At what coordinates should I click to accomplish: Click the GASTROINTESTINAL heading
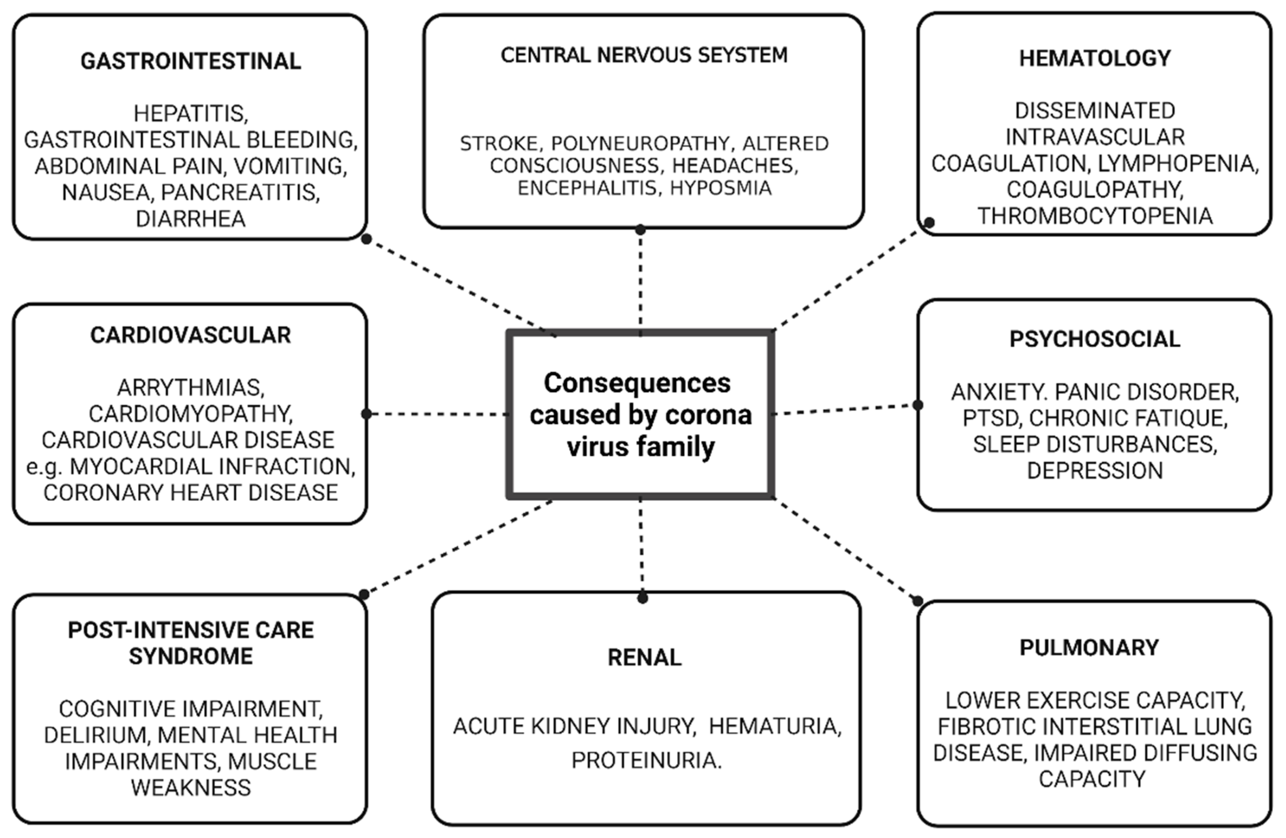(x=190, y=61)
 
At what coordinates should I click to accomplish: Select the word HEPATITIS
(x=190, y=114)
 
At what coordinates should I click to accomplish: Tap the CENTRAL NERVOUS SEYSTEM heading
(x=644, y=55)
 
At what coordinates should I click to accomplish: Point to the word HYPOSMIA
(x=720, y=188)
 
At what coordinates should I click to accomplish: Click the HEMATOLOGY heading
(x=1095, y=59)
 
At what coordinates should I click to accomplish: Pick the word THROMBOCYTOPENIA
(x=1095, y=216)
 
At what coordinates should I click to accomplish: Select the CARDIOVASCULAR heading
(x=190, y=335)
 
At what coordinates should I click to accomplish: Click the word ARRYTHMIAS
(x=190, y=388)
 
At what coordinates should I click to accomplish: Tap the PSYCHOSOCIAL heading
(x=1095, y=339)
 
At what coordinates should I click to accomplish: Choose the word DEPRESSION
(x=1095, y=470)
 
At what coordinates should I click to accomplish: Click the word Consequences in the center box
(x=637, y=383)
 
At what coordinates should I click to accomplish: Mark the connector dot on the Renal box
(x=642, y=598)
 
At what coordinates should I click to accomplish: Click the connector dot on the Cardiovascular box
(x=366, y=414)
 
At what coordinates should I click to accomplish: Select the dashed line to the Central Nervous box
(x=640, y=281)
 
